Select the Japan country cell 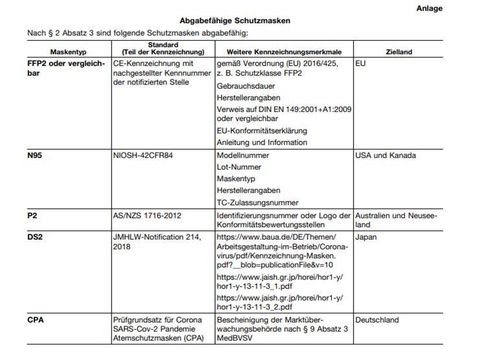(x=368, y=237)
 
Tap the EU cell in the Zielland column (x=362, y=62)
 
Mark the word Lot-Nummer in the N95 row (x=242, y=170)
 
